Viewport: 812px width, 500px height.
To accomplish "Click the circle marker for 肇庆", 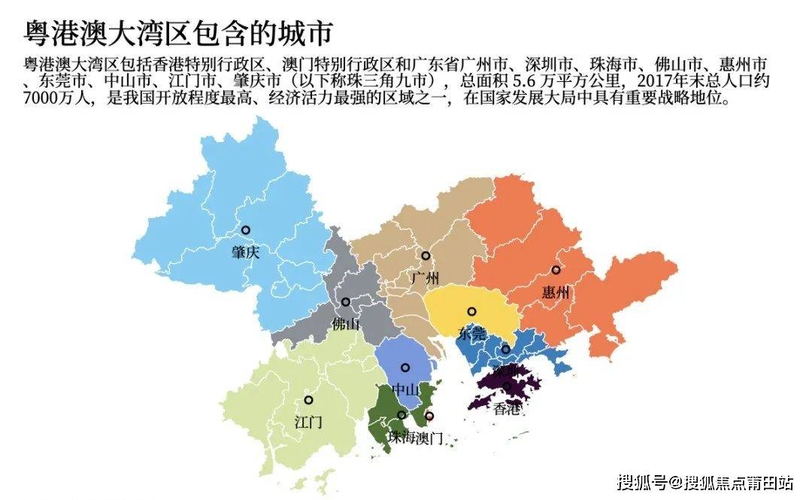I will (x=245, y=230).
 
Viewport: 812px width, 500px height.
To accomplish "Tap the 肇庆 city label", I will (x=245, y=253).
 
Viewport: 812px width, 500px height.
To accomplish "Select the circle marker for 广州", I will (x=426, y=256).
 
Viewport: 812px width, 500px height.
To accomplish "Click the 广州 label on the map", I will (x=426, y=279).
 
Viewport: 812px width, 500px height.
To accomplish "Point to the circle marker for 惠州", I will (x=556, y=270).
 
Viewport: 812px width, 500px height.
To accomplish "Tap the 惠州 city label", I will (x=556, y=292).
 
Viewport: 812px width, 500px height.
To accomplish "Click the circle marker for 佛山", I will (x=346, y=302).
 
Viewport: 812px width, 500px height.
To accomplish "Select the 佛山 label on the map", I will (x=346, y=325).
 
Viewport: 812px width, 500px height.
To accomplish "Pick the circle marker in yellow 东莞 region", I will (x=471, y=311).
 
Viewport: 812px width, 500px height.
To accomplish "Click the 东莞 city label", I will (x=471, y=335).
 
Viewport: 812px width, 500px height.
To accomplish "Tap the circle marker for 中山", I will (x=405, y=368).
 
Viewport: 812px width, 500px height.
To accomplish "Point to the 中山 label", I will (x=405, y=390).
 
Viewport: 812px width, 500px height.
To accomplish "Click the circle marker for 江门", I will (x=308, y=400).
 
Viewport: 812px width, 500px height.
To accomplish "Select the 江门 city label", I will (x=308, y=423).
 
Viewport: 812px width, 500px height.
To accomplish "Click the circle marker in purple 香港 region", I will (x=507, y=386).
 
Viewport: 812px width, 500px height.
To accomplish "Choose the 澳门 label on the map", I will (x=429, y=438).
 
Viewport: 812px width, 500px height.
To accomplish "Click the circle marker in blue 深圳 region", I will (x=506, y=349).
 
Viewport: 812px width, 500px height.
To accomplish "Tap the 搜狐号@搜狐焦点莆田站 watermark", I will (x=705, y=482).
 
